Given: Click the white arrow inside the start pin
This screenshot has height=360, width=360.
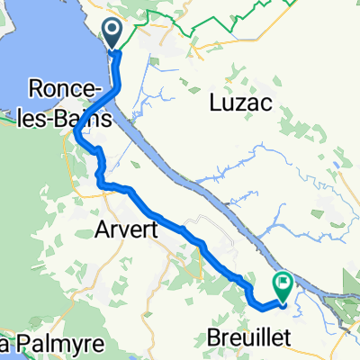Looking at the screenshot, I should [113, 32].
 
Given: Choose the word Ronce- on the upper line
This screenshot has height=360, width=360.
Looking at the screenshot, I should [61, 91].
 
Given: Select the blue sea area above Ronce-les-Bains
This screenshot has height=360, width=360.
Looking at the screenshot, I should [45, 45].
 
